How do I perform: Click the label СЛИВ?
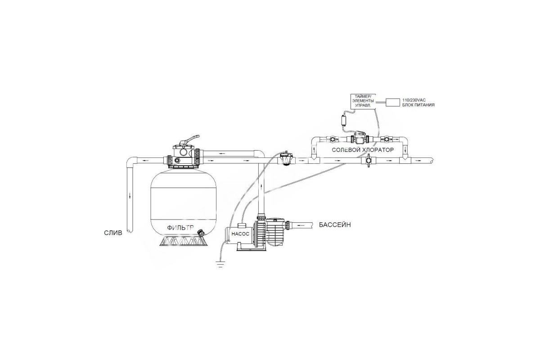tap(113, 233)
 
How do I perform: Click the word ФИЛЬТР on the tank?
tap(180, 228)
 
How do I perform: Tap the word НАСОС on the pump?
tap(240, 234)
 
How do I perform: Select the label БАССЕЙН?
tap(335, 225)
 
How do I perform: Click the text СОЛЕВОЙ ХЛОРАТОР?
tap(363, 150)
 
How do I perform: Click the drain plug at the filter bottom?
tap(200, 233)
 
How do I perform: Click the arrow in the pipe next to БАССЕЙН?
tap(299, 225)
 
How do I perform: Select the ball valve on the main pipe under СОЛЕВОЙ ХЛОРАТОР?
tap(369, 160)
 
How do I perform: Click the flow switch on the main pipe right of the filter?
tap(286, 159)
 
